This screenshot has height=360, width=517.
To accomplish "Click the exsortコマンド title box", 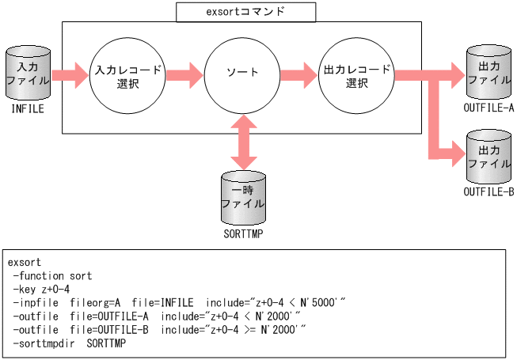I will coord(245,12).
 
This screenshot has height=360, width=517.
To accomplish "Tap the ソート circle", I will coord(243,72).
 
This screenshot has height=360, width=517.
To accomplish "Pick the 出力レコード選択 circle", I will coord(358,76).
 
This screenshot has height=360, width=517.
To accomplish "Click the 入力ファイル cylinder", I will coord(28,74).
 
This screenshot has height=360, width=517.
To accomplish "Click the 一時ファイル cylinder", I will coord(243,196).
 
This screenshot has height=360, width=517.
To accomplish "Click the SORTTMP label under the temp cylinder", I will coord(243,235).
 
